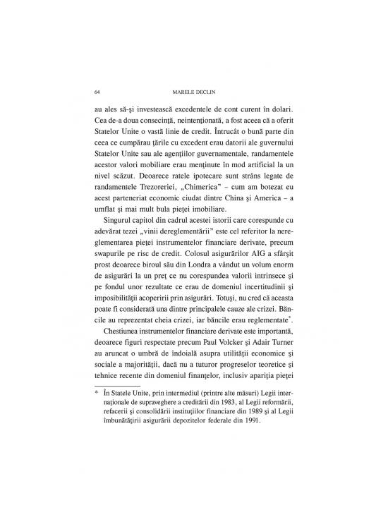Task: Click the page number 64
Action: pos(97,92)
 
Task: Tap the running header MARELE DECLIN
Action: pos(193,92)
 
